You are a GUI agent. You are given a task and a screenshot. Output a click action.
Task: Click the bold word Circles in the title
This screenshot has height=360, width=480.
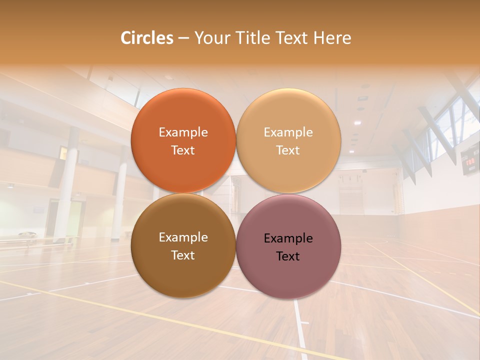tap(147, 38)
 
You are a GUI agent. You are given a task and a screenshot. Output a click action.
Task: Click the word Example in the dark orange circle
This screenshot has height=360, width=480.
tap(183, 132)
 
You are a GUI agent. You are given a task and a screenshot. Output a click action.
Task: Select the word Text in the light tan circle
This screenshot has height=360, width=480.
tap(288, 150)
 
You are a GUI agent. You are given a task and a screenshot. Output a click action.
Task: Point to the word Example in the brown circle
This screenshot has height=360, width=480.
tap(183, 237)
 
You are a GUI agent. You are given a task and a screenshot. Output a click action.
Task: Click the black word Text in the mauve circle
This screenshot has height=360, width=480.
tap(288, 256)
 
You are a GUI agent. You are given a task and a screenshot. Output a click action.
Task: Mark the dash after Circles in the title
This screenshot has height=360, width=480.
tap(183, 38)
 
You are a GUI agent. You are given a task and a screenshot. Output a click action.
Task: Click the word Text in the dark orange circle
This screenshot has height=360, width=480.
tap(183, 150)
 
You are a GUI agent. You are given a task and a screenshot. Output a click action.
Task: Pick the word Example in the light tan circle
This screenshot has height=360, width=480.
tap(288, 132)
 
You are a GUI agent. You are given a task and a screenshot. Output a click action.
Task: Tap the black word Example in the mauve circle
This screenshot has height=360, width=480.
tap(288, 238)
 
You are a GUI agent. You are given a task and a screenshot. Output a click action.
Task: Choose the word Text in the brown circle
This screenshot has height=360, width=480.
tap(183, 255)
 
